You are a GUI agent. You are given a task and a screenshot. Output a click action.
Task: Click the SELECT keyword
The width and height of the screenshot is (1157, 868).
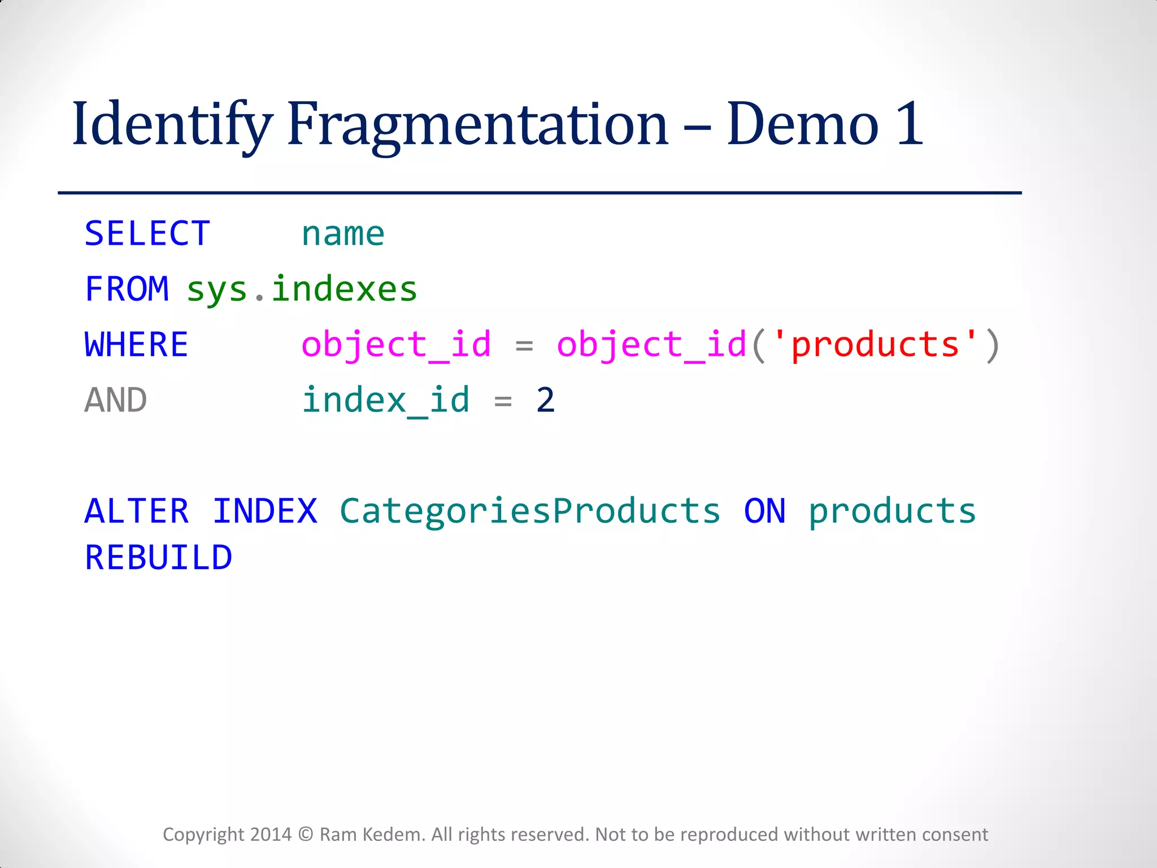coord(147,233)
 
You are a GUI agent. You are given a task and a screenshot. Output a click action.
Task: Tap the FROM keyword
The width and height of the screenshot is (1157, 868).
coord(127,289)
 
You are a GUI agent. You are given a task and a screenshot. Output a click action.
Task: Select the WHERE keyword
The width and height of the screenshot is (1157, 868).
coord(136,345)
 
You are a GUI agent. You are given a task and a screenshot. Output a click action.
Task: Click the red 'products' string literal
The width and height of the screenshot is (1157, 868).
coord(875,345)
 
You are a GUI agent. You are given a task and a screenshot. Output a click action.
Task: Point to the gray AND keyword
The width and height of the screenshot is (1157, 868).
coord(116,400)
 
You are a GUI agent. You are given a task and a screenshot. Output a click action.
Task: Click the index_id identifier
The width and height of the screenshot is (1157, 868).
coord(386,400)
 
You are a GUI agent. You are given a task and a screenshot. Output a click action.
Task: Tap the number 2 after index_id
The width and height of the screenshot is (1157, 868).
coord(545,400)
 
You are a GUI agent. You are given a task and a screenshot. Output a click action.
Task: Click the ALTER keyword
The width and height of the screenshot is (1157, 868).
coord(137,511)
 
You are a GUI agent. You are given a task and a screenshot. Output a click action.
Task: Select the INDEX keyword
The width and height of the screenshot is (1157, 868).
coord(265,511)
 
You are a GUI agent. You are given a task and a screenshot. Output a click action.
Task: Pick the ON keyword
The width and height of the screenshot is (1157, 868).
coord(764,511)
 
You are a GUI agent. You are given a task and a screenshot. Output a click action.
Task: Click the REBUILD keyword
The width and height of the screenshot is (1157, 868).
coord(158,558)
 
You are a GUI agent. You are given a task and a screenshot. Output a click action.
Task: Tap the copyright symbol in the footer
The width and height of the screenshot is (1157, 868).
coord(306,835)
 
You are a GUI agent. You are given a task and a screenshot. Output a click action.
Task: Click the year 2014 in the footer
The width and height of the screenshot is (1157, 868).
coord(271,835)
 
